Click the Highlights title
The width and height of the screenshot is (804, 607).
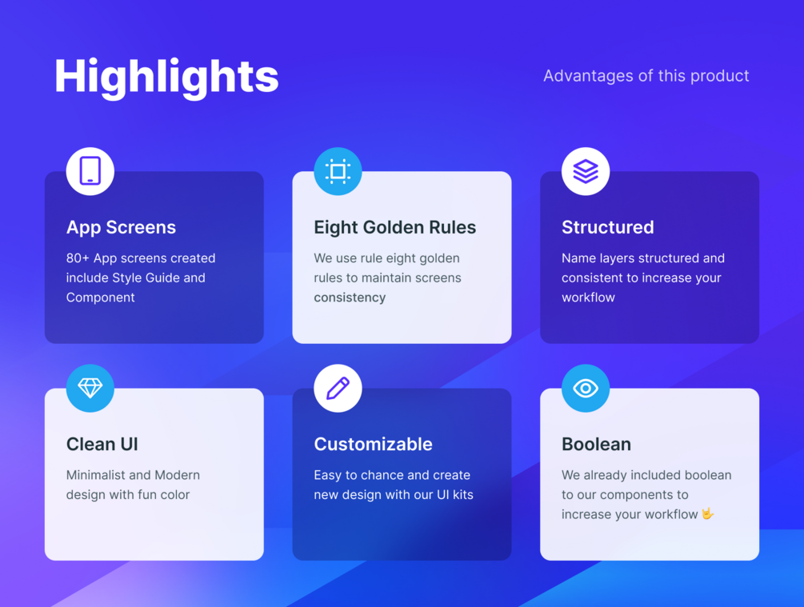coord(166,78)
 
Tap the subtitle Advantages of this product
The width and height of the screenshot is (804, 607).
coord(646,76)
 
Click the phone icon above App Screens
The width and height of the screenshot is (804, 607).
coord(90,171)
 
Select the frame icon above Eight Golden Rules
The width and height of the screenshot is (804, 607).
coord(338,171)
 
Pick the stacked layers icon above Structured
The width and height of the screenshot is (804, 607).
coord(586,171)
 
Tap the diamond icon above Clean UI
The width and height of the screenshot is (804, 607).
coord(90,388)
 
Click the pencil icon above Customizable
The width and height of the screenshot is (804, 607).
coord(338,388)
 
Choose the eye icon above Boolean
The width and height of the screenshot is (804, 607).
coord(586,388)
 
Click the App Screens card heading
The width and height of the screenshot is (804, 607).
coord(121,228)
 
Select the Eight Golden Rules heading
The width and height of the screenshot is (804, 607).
coord(395,228)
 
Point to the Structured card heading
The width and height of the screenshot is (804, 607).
coord(608,227)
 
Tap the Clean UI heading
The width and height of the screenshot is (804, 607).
coord(102,444)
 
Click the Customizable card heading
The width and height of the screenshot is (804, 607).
coord(374,444)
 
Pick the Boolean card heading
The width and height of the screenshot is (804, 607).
coord(596,444)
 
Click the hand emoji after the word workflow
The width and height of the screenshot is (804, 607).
coord(708,513)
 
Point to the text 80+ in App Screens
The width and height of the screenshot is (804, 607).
coord(78,258)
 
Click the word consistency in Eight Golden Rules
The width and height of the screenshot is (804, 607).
coord(350,298)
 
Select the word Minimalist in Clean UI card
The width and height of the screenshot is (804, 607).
coord(96,475)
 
